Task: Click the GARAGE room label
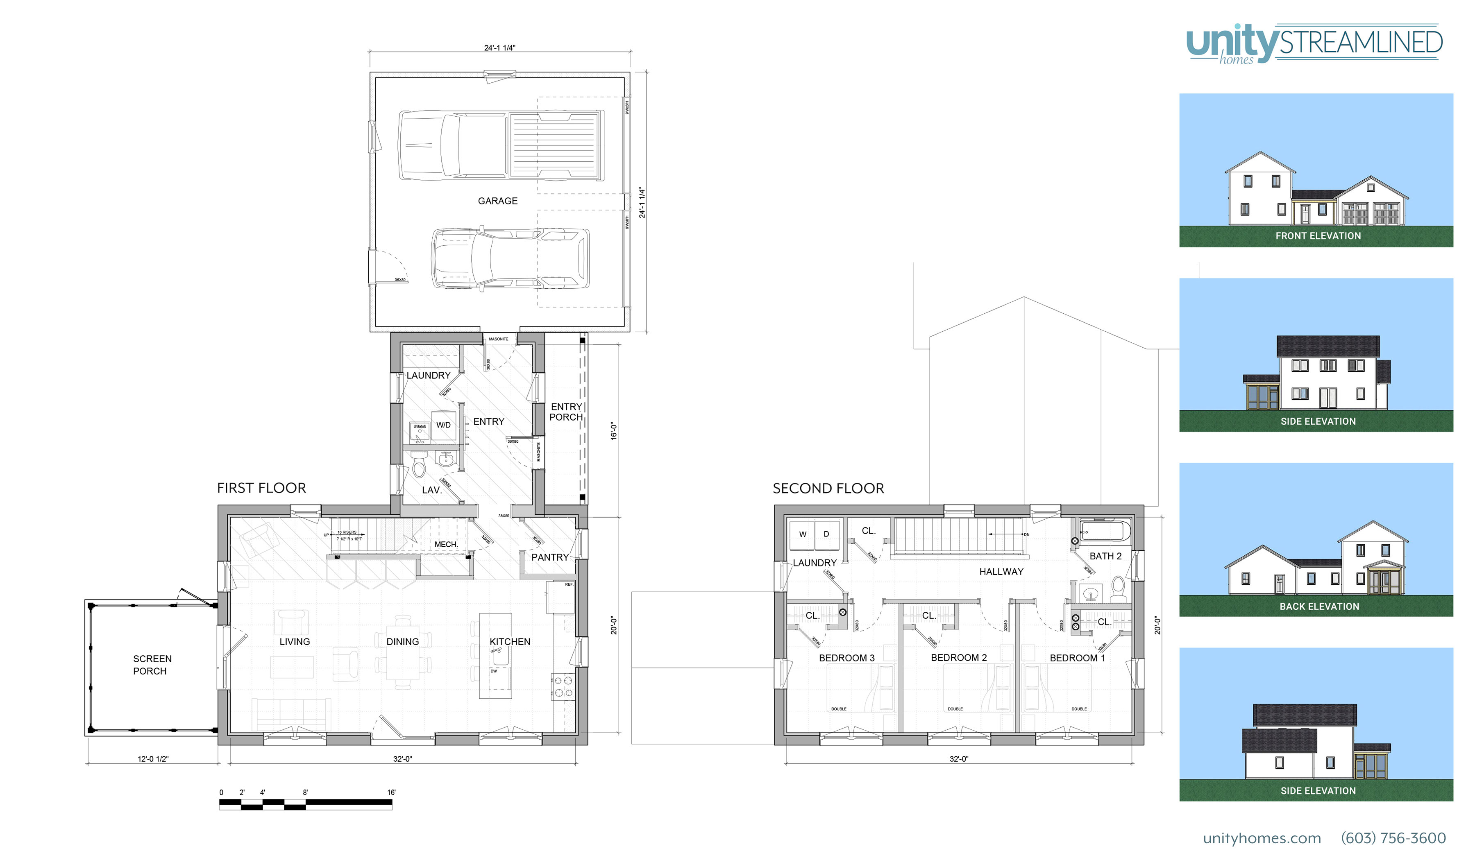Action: [x=497, y=201]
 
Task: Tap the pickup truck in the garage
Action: [x=500, y=145]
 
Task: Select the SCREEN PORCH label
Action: [x=152, y=665]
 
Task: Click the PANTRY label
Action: [x=549, y=557]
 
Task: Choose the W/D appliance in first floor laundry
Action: [x=443, y=425]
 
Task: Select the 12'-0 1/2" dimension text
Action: [x=153, y=759]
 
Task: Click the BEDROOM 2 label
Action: [x=958, y=658]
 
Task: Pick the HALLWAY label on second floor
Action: [x=1001, y=572]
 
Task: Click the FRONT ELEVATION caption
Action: [x=1318, y=236]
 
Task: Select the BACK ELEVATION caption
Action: [x=1319, y=607]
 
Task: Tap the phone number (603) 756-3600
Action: [x=1393, y=838]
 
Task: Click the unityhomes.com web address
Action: [x=1262, y=838]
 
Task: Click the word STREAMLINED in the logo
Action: [x=1360, y=43]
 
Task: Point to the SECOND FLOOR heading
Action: [x=828, y=489]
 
